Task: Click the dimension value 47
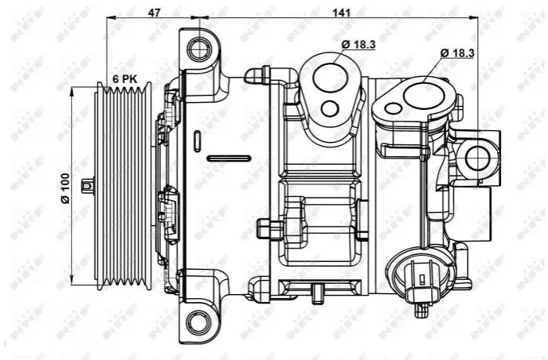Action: [x=154, y=13]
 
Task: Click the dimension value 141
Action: [x=341, y=13]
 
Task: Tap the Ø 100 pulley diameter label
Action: [x=65, y=188]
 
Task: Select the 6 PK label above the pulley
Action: [x=125, y=79]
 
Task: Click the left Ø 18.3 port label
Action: [x=359, y=45]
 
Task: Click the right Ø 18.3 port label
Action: [x=458, y=53]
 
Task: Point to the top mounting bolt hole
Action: [x=200, y=48]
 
